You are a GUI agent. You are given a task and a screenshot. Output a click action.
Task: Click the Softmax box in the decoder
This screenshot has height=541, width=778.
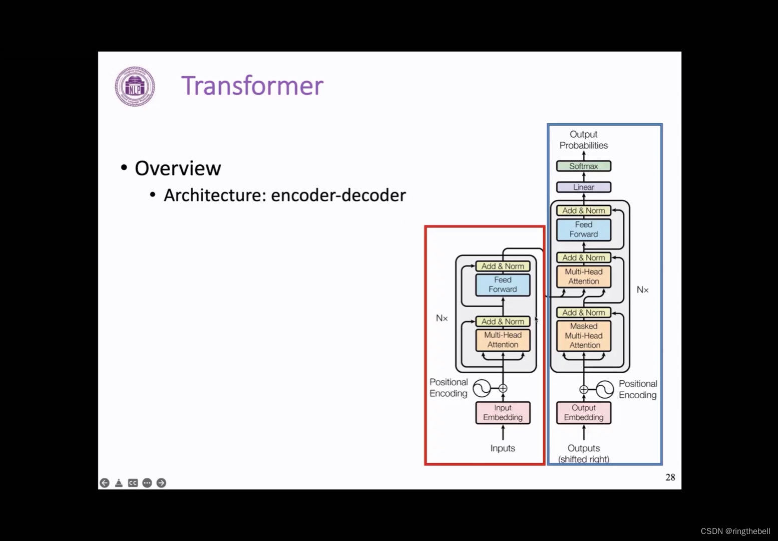click(x=583, y=166)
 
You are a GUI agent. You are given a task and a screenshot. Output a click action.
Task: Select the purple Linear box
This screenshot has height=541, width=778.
click(x=583, y=187)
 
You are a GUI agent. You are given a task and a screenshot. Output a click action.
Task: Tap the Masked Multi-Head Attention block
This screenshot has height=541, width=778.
click(x=583, y=336)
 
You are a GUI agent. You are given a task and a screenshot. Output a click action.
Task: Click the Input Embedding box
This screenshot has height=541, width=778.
click(x=503, y=413)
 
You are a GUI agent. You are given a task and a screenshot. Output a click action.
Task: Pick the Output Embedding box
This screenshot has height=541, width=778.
click(x=583, y=413)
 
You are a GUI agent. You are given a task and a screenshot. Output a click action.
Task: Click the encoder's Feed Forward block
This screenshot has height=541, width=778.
click(x=503, y=285)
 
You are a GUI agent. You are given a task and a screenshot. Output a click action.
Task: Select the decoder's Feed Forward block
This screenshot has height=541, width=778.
click(x=583, y=229)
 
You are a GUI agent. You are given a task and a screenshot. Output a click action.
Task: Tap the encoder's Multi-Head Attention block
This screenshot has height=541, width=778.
click(x=503, y=340)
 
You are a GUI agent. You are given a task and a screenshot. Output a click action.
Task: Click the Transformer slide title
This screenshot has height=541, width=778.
click(x=252, y=86)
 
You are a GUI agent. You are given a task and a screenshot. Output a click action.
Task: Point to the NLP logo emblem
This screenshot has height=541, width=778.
click(x=135, y=87)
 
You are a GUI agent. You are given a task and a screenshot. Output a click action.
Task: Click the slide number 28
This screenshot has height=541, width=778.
click(x=670, y=477)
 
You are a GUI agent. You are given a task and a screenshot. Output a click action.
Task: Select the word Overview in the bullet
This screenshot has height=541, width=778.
click(x=178, y=168)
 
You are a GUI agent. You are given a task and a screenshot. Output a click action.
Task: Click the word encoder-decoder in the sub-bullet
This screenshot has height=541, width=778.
click(x=338, y=195)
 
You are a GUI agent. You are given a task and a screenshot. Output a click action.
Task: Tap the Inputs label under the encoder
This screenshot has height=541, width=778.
click(x=503, y=448)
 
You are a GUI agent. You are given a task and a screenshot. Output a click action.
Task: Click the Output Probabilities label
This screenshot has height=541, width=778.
click(x=583, y=140)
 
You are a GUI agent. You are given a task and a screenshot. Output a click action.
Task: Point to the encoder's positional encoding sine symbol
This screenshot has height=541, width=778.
click(x=482, y=388)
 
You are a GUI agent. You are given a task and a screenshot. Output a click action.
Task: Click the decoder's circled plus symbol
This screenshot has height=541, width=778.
click(x=583, y=389)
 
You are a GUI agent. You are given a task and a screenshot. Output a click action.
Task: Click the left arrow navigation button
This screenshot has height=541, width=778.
click(x=105, y=483)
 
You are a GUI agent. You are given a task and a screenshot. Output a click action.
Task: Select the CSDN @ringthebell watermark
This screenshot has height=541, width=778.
click(x=735, y=531)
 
